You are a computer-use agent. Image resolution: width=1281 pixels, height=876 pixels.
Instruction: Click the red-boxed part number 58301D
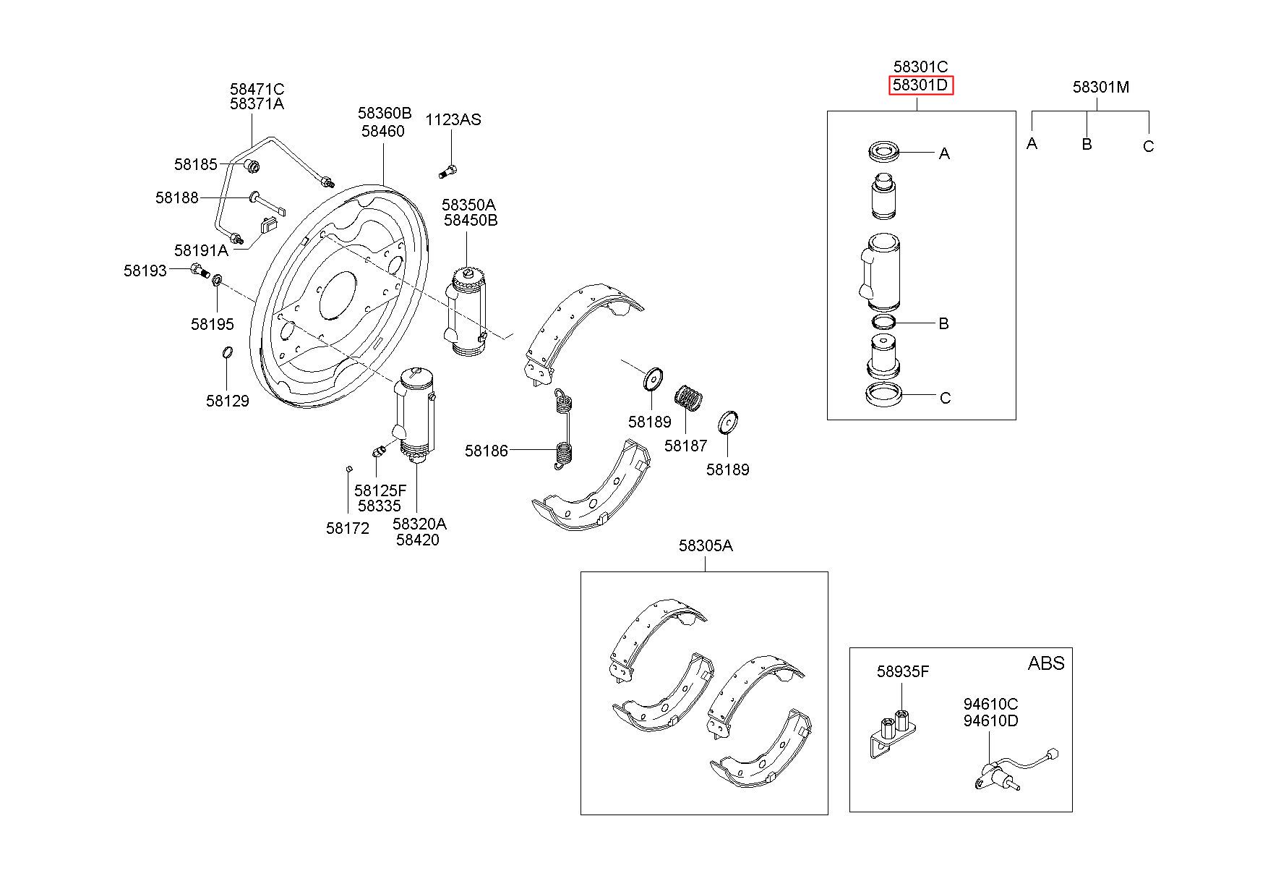[921, 85]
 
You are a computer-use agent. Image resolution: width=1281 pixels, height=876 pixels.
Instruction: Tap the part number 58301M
[1101, 87]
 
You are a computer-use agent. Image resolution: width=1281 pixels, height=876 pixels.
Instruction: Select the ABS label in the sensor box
[1046, 663]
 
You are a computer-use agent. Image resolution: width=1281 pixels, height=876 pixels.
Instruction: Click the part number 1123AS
[453, 119]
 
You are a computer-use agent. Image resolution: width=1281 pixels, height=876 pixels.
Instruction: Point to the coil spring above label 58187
[690, 398]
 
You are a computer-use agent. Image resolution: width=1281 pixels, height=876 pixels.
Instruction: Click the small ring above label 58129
[227, 353]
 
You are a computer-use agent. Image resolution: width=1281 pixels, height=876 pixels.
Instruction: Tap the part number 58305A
[706, 545]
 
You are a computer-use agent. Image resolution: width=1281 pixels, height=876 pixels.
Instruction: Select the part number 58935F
[903, 671]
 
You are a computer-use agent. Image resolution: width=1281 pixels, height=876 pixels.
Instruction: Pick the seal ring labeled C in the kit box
[884, 395]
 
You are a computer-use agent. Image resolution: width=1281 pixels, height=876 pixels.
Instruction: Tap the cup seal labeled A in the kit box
[885, 153]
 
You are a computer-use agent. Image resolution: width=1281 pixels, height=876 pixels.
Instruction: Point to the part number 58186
[487, 451]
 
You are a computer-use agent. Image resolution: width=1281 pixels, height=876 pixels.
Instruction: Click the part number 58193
[145, 271]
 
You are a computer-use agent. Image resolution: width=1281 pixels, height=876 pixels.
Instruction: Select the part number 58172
[348, 528]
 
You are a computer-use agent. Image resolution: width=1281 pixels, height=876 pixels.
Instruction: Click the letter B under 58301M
[1087, 144]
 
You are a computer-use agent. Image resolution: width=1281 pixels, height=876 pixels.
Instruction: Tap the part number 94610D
[990, 720]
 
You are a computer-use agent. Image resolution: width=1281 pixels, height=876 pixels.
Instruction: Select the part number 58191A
[201, 250]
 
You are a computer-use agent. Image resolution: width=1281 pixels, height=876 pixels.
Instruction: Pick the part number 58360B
[385, 114]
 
